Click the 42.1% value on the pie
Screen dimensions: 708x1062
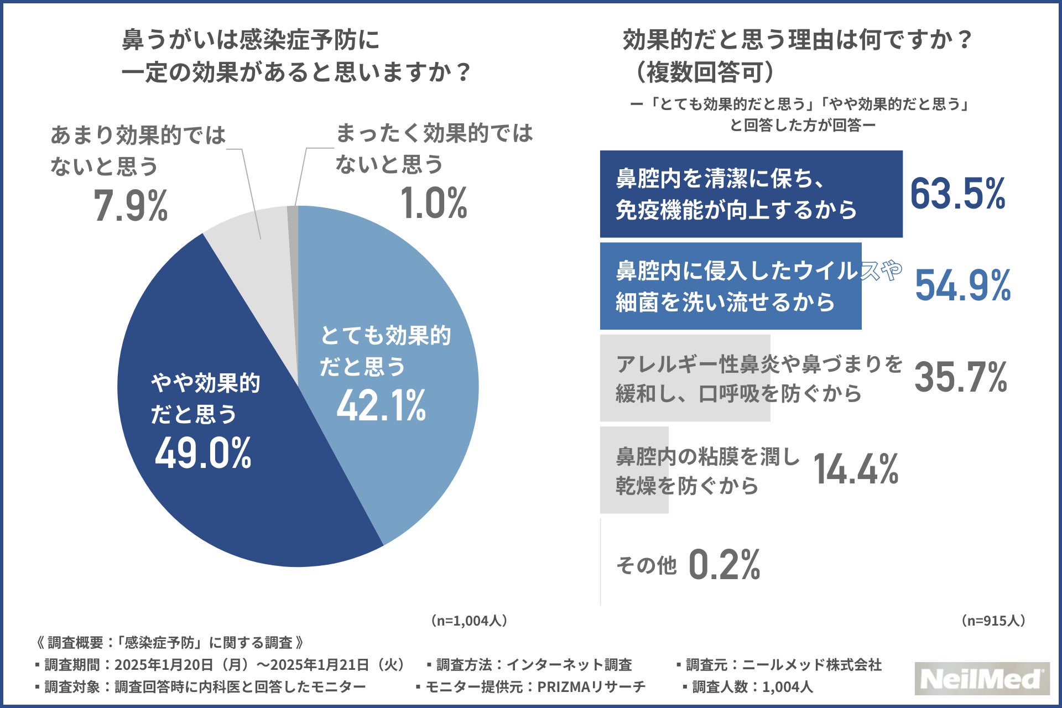coord(381,406)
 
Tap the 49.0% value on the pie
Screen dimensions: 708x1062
coord(203,453)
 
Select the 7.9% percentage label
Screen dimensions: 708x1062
coord(131,206)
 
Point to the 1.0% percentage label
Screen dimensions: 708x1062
coord(434,204)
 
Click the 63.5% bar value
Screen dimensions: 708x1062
coord(957,195)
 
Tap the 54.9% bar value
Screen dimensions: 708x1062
coord(962,286)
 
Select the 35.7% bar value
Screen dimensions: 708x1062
coord(960,378)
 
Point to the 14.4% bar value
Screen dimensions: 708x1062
coord(856,470)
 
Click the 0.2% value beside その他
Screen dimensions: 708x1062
coord(724,565)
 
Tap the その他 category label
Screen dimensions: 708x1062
coord(646,565)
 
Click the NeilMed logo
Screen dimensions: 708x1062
coord(981,679)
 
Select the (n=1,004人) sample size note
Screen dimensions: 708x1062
coord(468,621)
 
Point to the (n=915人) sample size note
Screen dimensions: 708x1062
coord(993,621)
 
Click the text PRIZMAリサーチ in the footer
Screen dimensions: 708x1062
coord(591,687)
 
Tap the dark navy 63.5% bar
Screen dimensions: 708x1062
coord(751,194)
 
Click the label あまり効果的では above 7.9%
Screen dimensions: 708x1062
coord(138,136)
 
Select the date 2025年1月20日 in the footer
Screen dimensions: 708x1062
coord(164,665)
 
